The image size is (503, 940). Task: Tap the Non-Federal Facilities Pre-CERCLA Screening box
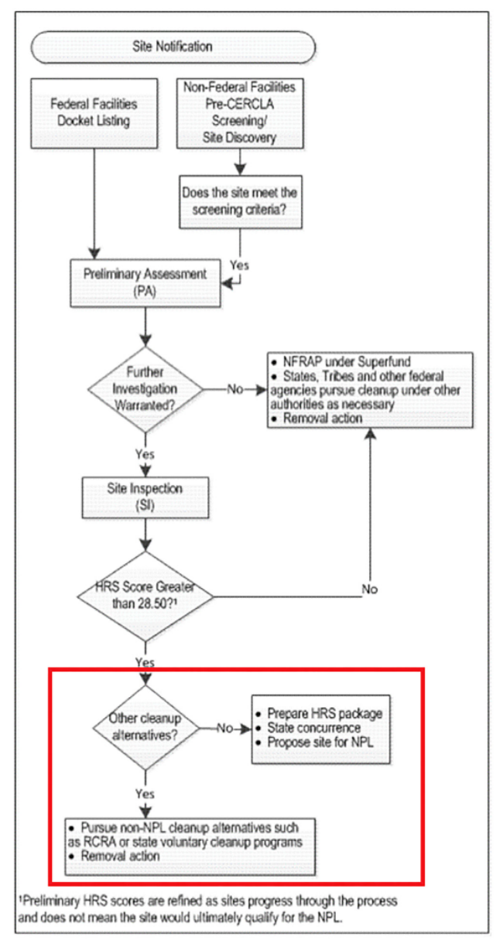tap(238, 114)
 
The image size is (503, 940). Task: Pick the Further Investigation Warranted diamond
tap(145, 388)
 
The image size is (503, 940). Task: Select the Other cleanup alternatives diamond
tap(145, 727)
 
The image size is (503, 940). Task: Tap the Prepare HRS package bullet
tap(326, 713)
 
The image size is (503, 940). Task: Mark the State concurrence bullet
tap(313, 728)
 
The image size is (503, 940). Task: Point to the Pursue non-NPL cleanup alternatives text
tap(186, 834)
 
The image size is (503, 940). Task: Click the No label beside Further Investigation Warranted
tap(234, 388)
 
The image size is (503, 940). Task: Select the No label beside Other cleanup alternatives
tap(224, 727)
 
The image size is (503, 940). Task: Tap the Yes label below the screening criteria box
tap(240, 265)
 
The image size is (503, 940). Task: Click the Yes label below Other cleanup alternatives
tap(145, 794)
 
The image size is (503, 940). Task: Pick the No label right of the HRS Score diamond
tap(370, 590)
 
